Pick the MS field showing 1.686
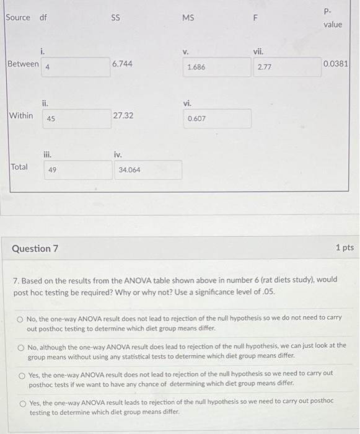click(x=216, y=67)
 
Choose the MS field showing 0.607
click(x=216, y=118)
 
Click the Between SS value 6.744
click(x=123, y=64)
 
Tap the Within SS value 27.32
click(x=123, y=115)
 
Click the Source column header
click(x=17, y=17)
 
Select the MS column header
click(x=188, y=18)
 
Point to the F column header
click(x=255, y=19)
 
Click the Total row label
click(x=19, y=167)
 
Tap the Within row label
click(x=21, y=115)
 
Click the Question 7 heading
click(x=35, y=249)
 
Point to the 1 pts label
click(x=345, y=248)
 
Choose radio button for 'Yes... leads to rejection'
click(x=22, y=402)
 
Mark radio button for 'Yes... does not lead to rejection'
click(x=22, y=374)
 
